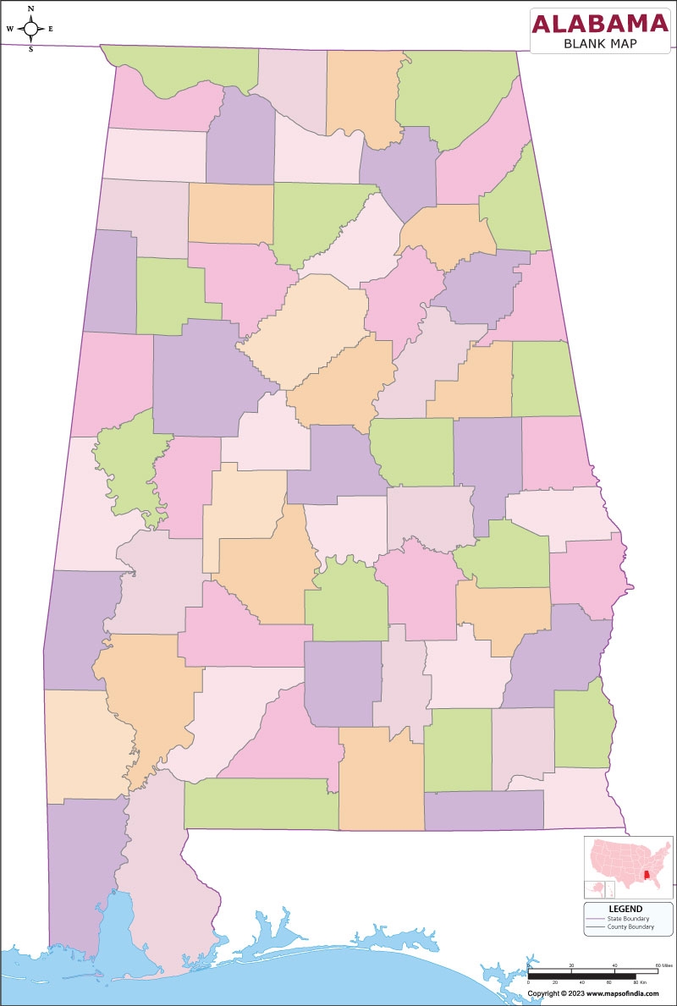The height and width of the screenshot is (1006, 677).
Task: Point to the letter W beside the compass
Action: point(10,29)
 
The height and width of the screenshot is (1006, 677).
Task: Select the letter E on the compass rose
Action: point(51,29)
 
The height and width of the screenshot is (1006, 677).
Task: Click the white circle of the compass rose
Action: point(31,29)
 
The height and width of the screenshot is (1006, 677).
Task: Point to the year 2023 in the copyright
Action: point(572,993)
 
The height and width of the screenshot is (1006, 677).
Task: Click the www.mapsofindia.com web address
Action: point(622,993)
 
